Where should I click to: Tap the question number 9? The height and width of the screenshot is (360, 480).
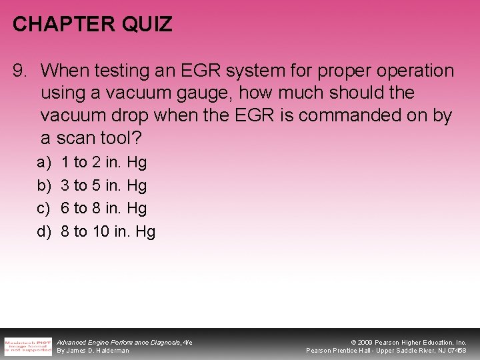click(20, 71)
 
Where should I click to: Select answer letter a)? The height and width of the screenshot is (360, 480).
click(43, 162)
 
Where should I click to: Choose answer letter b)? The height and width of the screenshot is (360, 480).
click(43, 185)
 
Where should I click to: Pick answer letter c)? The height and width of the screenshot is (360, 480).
click(43, 209)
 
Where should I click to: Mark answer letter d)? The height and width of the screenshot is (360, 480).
click(43, 232)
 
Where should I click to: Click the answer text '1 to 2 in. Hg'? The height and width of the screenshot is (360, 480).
click(103, 162)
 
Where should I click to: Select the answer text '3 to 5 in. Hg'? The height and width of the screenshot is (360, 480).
click(103, 185)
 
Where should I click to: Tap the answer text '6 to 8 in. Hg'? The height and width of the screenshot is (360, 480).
click(103, 209)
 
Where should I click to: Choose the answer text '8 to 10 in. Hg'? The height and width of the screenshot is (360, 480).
click(107, 232)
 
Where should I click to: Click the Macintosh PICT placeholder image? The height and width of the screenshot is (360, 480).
click(27, 345)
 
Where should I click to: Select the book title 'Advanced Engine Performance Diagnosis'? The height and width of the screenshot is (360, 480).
click(119, 342)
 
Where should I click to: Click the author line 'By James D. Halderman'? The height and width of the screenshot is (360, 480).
click(93, 351)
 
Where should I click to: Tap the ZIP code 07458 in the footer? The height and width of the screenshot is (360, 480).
click(456, 351)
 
